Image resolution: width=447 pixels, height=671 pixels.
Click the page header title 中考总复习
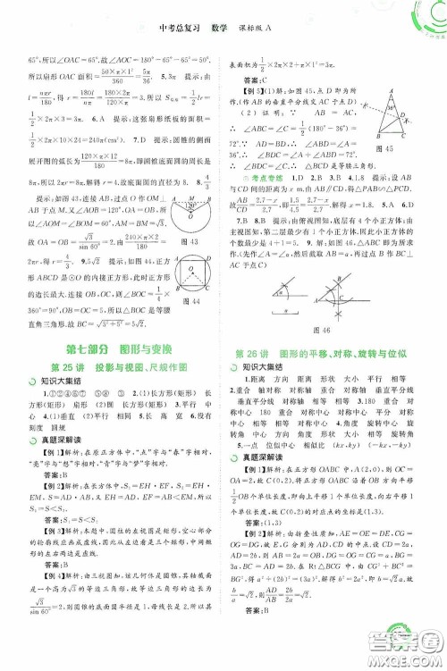pyautogui.click(x=176, y=16)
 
